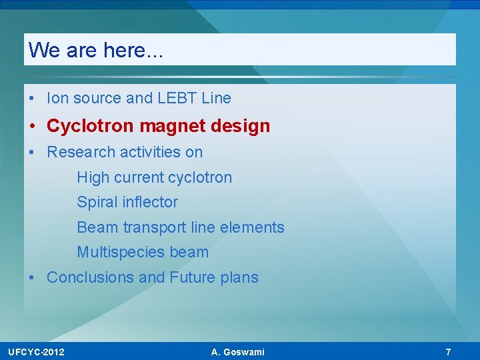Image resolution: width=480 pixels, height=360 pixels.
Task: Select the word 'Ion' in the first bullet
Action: click(x=57, y=99)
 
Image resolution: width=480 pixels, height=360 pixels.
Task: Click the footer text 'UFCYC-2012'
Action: click(x=37, y=352)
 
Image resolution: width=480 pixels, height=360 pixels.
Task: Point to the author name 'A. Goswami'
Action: click(x=238, y=352)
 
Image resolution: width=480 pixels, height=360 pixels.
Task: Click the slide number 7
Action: click(x=448, y=352)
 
